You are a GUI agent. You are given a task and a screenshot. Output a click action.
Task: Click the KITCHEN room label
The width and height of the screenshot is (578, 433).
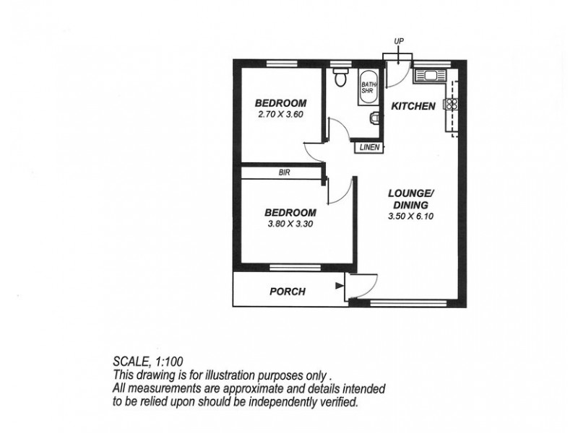coord(413,106)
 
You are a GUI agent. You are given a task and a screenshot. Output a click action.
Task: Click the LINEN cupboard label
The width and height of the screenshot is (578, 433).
coord(369,148)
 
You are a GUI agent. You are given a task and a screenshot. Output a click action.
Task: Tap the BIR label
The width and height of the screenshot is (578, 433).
coord(284,172)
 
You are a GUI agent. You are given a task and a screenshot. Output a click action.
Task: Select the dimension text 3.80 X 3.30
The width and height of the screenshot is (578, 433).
coord(290,223)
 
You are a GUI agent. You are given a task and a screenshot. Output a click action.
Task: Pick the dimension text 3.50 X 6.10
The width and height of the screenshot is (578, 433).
coord(410,216)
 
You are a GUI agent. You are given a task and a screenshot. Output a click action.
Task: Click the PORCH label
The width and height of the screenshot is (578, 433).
coord(288,292)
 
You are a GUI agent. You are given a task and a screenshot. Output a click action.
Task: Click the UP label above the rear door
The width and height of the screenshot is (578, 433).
coord(398,41)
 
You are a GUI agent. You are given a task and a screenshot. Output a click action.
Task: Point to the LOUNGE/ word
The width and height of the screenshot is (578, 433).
coord(410,193)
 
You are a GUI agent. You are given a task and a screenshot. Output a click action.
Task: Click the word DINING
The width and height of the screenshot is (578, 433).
coord(410,204)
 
